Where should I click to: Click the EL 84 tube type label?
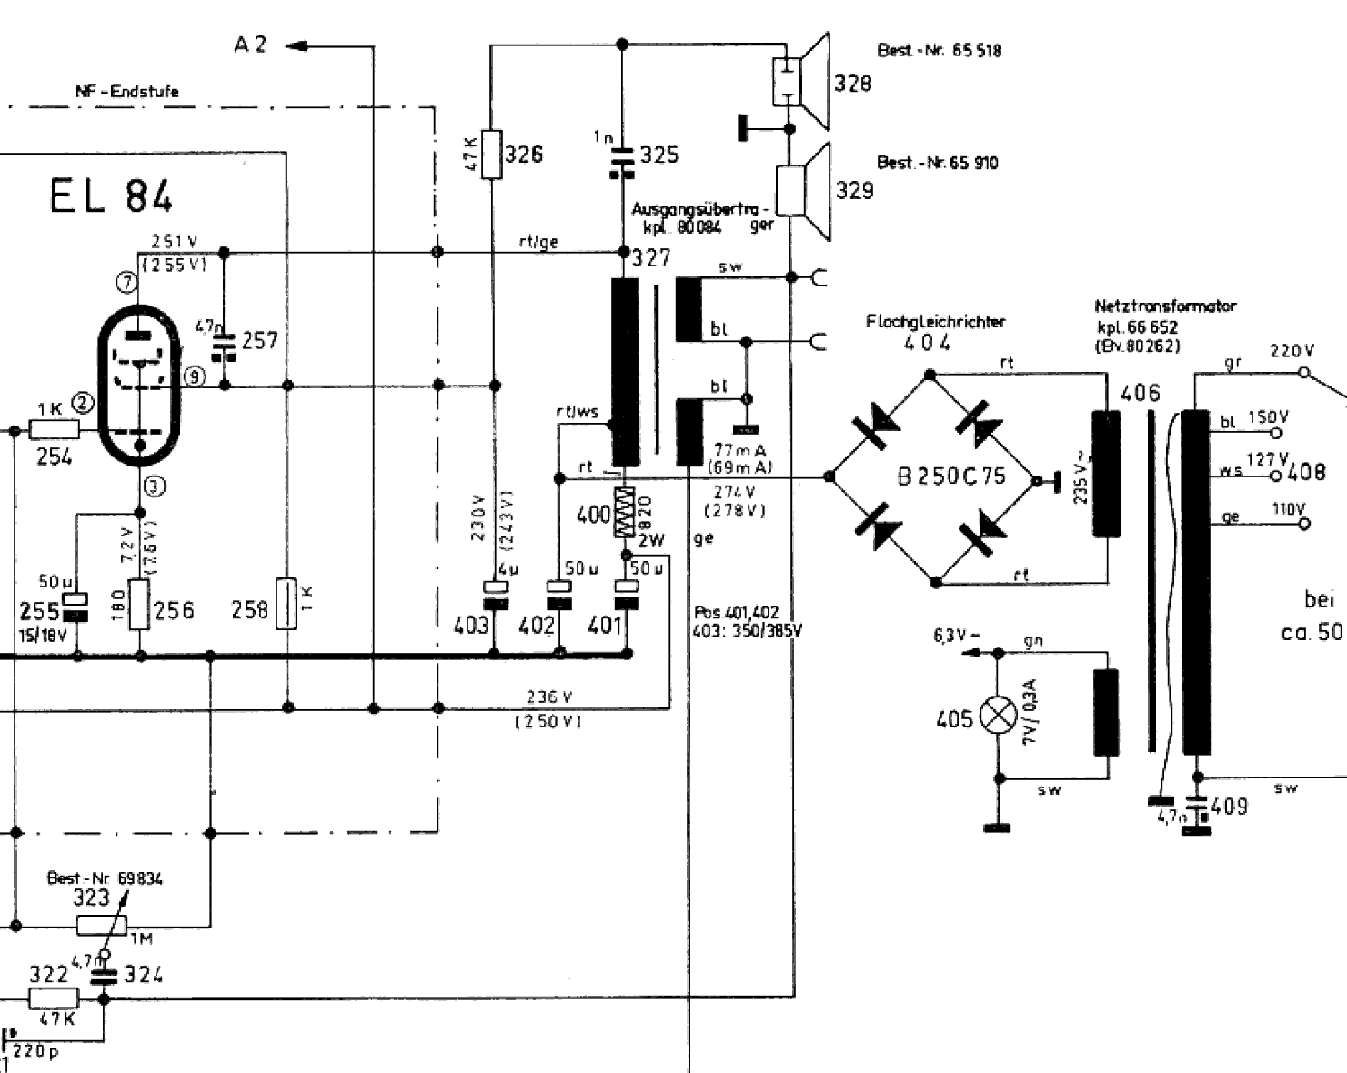[110, 196]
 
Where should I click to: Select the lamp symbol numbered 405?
[999, 716]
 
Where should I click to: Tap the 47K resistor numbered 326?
[492, 154]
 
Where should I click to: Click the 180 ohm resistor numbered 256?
[139, 604]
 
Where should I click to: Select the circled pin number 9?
[194, 376]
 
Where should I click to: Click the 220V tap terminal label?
[1292, 351]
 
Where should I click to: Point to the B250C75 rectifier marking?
[951, 476]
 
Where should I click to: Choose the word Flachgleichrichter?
[935, 321]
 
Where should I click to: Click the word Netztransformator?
[1165, 306]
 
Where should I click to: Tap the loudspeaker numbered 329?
[805, 190]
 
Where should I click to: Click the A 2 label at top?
[250, 44]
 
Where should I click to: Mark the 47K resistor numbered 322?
[54, 998]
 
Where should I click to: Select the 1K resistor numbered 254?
[55, 430]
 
